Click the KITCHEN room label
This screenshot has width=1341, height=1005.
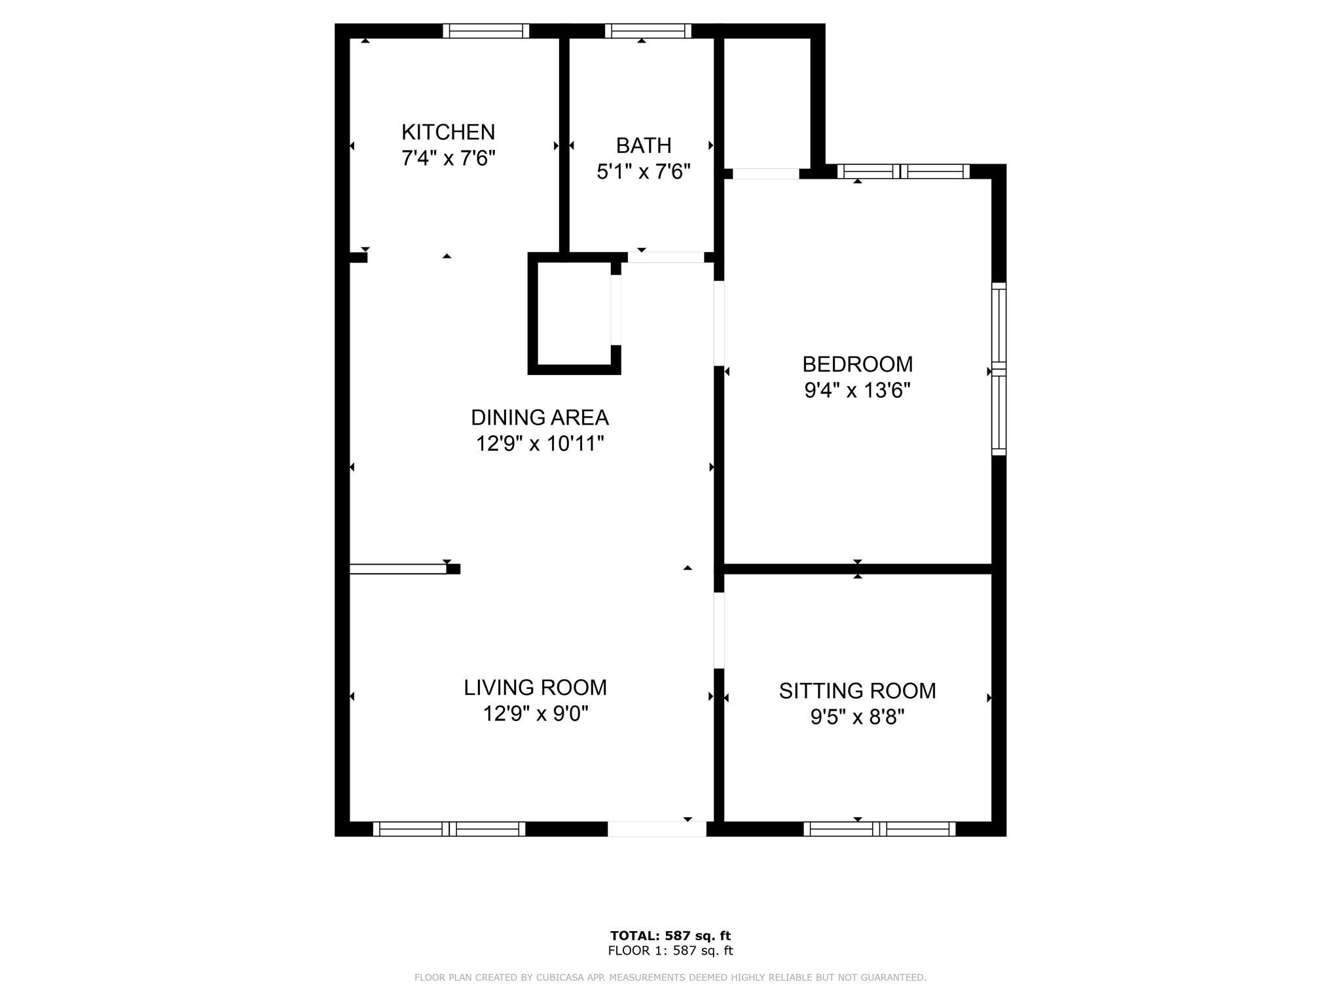[x=448, y=132]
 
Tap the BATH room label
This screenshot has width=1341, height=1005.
[x=643, y=145]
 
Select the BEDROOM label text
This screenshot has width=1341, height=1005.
[x=857, y=364]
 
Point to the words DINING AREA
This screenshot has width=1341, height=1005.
[x=540, y=417]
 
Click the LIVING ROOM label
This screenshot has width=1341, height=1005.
[x=535, y=688]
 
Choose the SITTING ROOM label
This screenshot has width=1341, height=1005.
[x=857, y=691]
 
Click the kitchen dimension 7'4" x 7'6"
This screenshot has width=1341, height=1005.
[x=448, y=158]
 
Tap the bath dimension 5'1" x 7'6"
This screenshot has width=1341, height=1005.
[x=643, y=172]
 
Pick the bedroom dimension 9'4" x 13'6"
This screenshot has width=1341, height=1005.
[x=857, y=391]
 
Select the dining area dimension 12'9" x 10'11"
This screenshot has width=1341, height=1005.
[x=540, y=444]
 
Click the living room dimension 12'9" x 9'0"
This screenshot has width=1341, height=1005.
[x=535, y=714]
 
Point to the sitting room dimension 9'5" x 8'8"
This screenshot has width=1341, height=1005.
[x=857, y=718]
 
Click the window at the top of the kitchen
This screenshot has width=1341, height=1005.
[x=485, y=31]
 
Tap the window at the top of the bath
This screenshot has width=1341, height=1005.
[x=648, y=31]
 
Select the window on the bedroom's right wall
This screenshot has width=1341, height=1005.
[x=999, y=369]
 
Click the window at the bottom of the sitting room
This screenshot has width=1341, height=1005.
[x=879, y=829]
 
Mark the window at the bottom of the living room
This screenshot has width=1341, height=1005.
[x=449, y=829]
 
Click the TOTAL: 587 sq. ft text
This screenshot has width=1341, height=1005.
[x=670, y=936]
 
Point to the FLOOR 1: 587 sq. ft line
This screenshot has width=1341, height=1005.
[x=670, y=951]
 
